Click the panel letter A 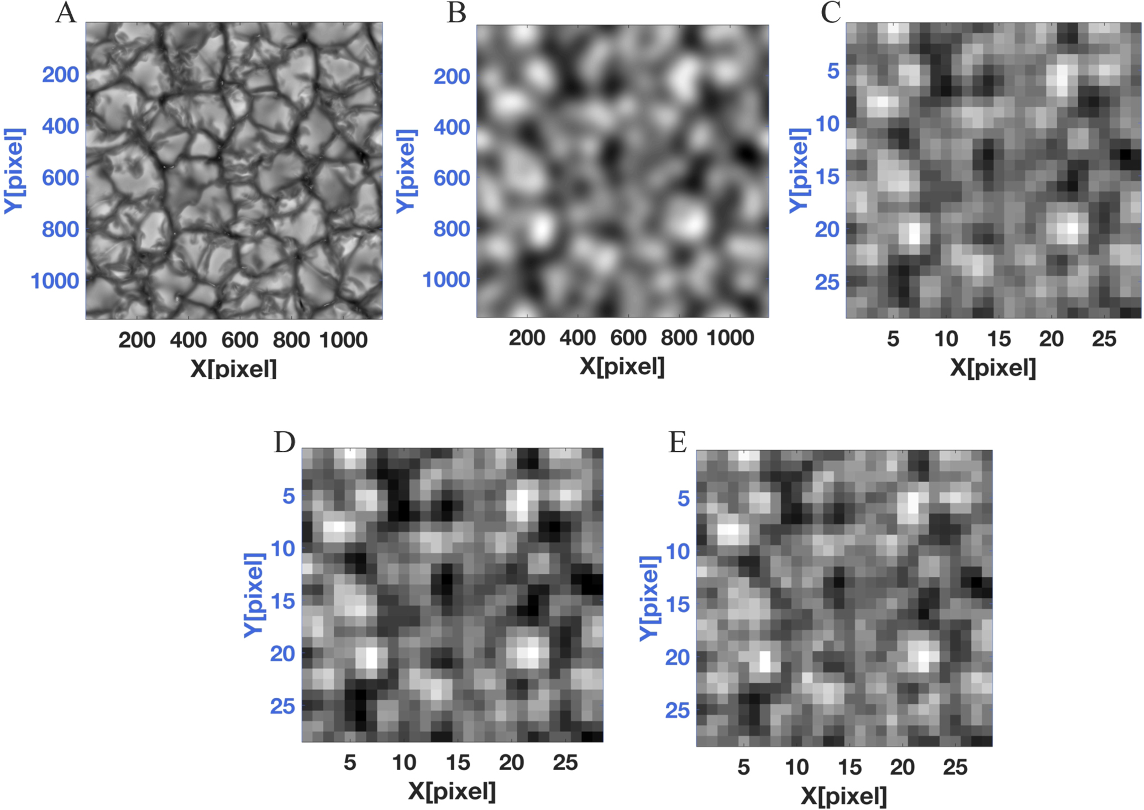coord(66,13)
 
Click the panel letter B coord(456,13)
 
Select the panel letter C coord(831,13)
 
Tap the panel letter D coord(285,442)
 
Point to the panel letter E coord(678,442)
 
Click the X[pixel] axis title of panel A coord(233,368)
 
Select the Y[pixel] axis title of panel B coord(406,171)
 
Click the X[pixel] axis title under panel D coord(452,791)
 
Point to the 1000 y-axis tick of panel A coord(55,281)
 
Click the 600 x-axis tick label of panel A coord(240,339)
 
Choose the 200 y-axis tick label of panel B coord(452,76)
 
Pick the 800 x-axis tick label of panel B coord(679,338)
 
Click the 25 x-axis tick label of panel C coord(1104,339)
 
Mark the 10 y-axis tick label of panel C coord(827,124)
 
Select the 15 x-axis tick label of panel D coord(458,763)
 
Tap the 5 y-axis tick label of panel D coord(288,496)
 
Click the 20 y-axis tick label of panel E coord(678,657)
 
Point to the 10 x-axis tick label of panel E coord(797,767)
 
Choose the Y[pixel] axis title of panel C coord(799,170)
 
